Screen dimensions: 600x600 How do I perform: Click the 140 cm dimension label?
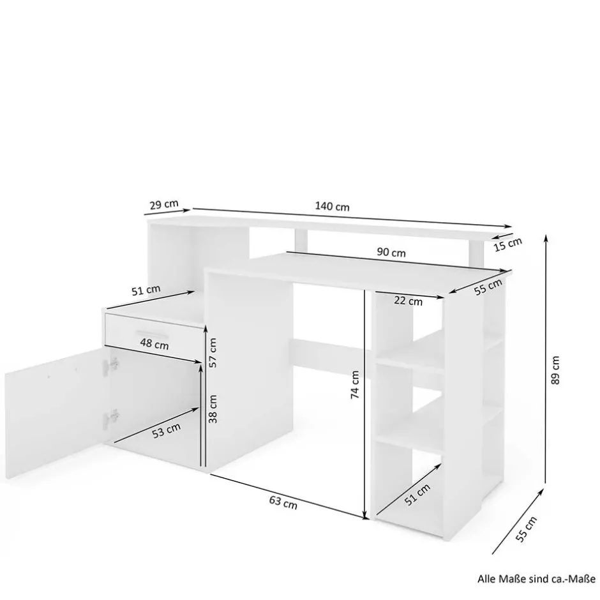coord(332,206)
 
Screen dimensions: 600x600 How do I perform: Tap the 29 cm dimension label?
coord(164,204)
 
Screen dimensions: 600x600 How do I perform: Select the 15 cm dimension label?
coord(507,244)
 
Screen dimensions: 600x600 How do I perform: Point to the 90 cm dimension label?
coord(391,252)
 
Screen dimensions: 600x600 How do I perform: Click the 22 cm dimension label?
coord(409,301)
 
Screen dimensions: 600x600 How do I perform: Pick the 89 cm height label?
coord(555,370)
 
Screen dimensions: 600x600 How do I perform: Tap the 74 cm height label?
coord(355,384)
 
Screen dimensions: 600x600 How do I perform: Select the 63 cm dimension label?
coord(283,502)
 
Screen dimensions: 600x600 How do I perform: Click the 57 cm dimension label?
coord(213,353)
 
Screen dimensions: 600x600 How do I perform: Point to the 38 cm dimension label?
coord(213,409)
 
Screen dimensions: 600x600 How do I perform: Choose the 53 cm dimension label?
coord(166,430)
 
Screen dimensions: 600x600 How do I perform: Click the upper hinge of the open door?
coord(113,364)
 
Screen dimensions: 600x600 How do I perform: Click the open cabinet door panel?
coord(56,412)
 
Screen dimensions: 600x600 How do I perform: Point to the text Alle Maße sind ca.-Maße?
coord(536,578)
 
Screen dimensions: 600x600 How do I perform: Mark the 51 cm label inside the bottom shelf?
coord(417,495)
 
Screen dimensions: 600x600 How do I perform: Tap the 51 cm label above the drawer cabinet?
coord(146,290)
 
